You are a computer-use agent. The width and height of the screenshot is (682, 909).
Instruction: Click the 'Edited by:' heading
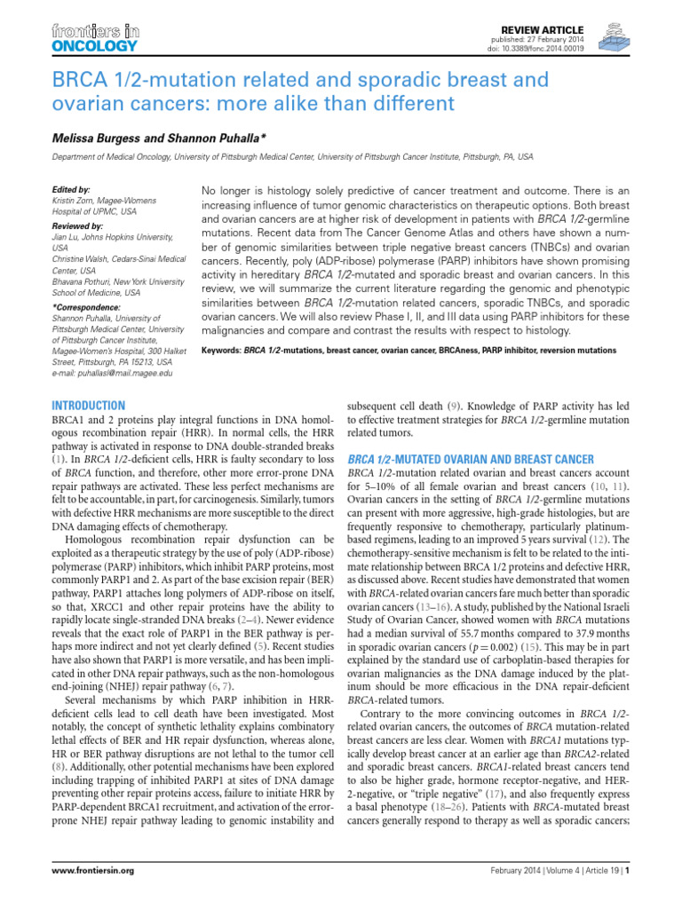[x=72, y=190]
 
